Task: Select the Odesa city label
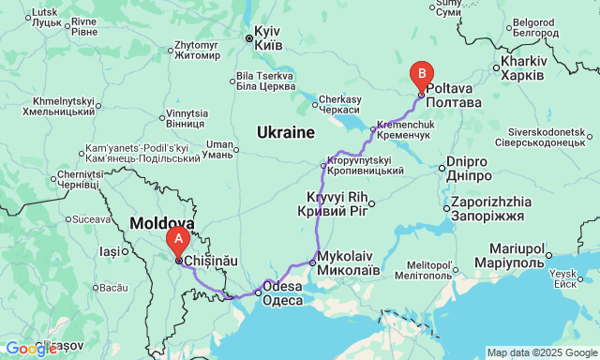click(282, 293)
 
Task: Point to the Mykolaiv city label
click(349, 262)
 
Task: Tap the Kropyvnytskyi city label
click(366, 165)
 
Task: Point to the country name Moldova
click(162, 224)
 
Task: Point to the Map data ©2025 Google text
click(542, 352)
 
